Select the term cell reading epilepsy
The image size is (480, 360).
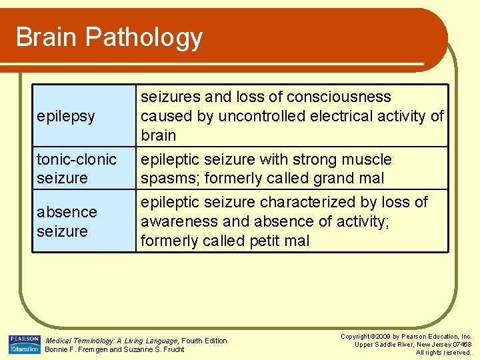[x=66, y=117]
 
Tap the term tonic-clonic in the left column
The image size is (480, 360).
[x=76, y=160]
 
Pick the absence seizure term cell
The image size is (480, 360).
[x=67, y=221]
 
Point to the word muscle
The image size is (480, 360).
[x=367, y=160]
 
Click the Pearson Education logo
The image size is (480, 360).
[x=24, y=344]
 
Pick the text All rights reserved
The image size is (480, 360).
[x=443, y=353]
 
